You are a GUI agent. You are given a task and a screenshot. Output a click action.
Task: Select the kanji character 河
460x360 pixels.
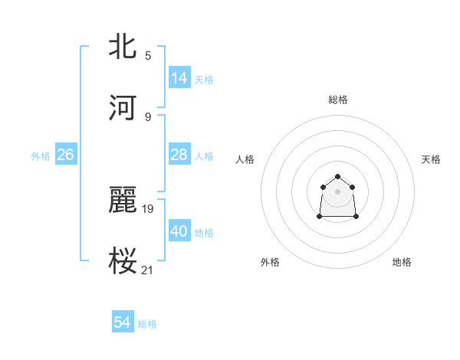[123, 107]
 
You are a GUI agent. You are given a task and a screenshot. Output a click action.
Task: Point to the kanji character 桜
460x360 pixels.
[123, 260]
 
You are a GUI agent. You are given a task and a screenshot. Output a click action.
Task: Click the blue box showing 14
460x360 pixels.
[179, 77]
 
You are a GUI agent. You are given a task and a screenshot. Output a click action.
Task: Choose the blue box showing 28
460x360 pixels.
[179, 155]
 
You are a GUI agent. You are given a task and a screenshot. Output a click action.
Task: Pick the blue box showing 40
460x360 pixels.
[179, 231]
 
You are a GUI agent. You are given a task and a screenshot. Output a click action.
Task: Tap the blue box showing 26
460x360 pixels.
[65, 155]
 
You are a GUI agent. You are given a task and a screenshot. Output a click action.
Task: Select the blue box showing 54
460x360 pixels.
[123, 322]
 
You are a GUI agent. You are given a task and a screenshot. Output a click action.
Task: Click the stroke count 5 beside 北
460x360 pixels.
[148, 55]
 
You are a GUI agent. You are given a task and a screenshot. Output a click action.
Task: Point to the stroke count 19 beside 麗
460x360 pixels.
[148, 207]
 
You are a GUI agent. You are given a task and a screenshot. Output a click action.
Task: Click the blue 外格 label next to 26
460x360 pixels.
[41, 156]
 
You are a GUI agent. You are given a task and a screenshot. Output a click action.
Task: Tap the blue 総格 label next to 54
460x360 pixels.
[147, 324]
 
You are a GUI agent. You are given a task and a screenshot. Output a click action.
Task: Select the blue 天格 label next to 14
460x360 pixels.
[204, 79]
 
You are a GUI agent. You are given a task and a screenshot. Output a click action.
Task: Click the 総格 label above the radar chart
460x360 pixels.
[338, 100]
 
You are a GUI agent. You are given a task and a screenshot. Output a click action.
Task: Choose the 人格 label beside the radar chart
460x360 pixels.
[245, 159]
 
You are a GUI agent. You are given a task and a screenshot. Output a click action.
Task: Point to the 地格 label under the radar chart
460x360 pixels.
[402, 262]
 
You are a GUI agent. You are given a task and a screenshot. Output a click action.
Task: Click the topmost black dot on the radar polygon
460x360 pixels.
[337, 177]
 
